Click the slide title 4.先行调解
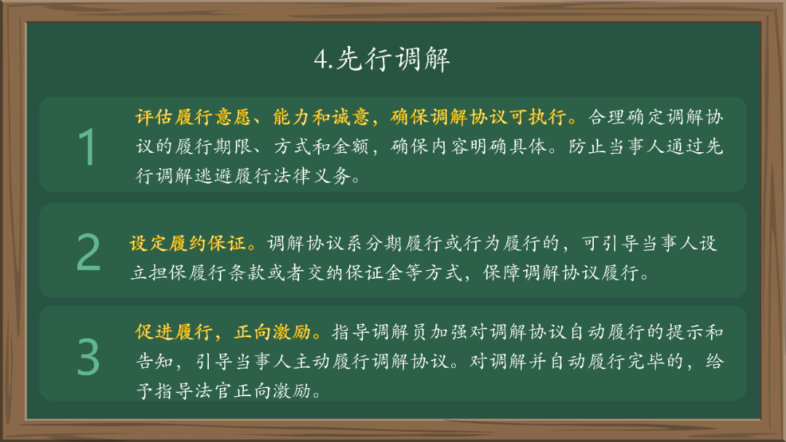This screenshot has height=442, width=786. (382, 59)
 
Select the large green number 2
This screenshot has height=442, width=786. (88, 253)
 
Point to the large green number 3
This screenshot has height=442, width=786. (88, 357)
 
